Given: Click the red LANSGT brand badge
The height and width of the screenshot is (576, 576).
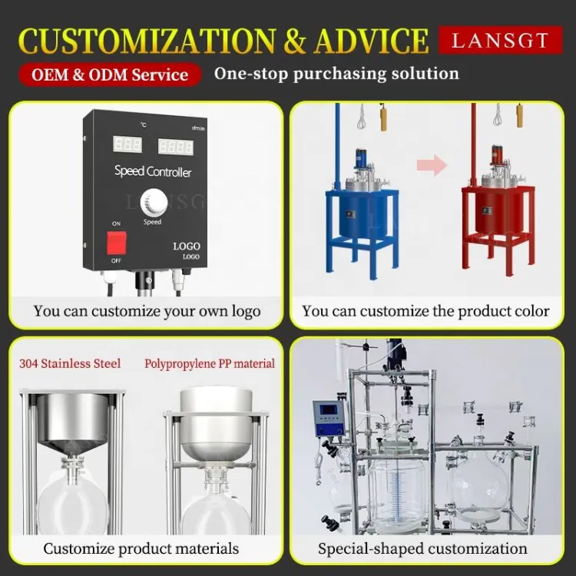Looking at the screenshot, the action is point(500,40).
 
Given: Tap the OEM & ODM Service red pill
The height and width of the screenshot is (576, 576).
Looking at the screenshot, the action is point(110,74).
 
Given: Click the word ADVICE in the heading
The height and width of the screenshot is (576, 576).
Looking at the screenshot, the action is point(371,41).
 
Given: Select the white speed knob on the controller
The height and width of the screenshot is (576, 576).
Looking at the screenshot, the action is point(154,204).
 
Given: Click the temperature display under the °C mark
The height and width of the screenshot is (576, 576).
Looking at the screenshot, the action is point(127,144).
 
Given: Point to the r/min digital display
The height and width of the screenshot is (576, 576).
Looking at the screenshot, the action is point(176,146).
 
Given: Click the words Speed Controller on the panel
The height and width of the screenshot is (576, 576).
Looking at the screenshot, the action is point(153,171).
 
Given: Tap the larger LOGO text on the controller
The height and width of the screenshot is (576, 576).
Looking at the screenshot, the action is point(187,246).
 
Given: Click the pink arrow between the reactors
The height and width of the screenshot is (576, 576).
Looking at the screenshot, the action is point(432,165).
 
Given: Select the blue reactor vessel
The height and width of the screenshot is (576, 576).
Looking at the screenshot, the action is point(362,213).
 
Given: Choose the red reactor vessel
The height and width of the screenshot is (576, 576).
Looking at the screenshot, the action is point(498,211).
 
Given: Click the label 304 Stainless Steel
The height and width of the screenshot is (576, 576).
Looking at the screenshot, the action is point(70,363).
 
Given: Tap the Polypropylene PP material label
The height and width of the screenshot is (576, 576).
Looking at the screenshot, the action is point(210,363).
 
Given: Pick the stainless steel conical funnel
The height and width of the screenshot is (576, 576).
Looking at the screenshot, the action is point(73,423).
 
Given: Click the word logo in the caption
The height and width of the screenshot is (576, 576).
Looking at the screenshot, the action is point(246,312).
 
